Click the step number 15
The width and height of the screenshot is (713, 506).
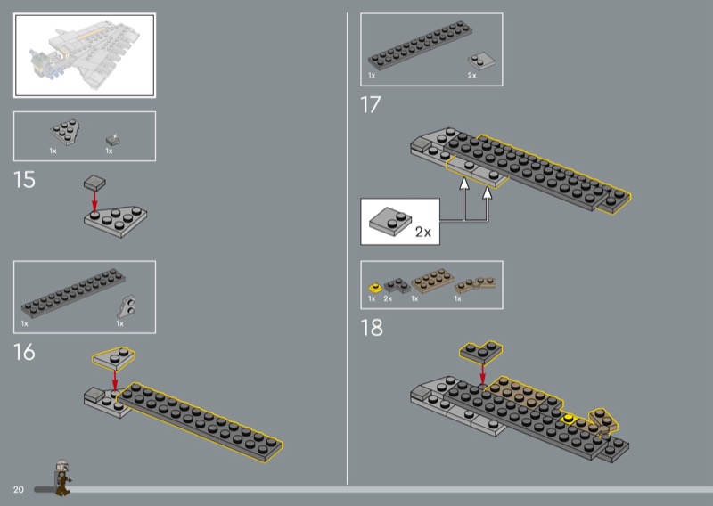[x=24, y=180]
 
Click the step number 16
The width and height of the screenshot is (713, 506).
[x=24, y=352]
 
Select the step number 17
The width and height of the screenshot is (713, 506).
[x=371, y=105]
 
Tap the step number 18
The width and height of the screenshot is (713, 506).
[x=372, y=328]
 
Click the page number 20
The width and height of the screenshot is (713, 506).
[x=18, y=490]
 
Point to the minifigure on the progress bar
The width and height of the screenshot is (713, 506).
[x=61, y=477]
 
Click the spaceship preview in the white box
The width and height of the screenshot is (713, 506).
[x=85, y=51]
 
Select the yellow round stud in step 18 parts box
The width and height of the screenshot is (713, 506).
[x=375, y=288]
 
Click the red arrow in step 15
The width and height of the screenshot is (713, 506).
[x=94, y=201]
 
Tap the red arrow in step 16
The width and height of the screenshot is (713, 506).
[x=115, y=380]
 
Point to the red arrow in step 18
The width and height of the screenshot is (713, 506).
[x=482, y=373]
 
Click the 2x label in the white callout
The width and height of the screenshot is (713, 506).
[x=422, y=232]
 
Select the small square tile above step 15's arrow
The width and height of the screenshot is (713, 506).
[x=94, y=183]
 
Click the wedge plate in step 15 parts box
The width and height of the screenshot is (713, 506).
[x=64, y=132]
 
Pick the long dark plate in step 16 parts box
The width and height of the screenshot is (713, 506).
[x=73, y=294]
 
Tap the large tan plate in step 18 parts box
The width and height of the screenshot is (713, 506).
[x=432, y=281]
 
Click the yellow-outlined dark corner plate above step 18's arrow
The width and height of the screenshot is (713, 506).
[x=480, y=353]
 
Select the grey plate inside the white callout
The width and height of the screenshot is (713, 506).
[x=390, y=222]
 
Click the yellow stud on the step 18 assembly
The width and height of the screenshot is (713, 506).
[x=568, y=418]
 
